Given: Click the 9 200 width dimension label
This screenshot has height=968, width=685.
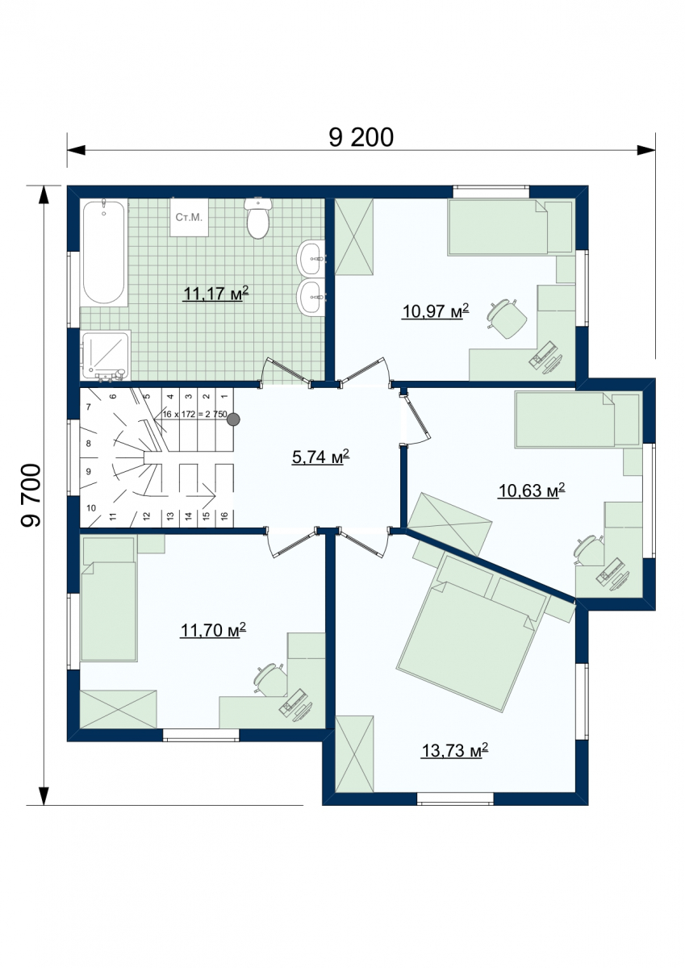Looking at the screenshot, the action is [361, 137].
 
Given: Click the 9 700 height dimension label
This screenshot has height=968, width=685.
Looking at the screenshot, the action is [31, 495].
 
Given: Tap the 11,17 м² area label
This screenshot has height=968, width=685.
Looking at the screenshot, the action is [215, 293].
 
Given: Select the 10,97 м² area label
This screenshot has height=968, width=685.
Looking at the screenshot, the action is [436, 311].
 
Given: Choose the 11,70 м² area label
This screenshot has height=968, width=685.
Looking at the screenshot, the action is [213, 630].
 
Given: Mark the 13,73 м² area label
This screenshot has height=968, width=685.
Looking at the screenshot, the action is [455, 751].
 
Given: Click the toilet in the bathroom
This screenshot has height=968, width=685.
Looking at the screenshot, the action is [257, 218].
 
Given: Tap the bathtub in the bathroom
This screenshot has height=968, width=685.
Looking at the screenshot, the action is [104, 252].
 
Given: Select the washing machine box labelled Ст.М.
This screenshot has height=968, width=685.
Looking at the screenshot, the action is [190, 217].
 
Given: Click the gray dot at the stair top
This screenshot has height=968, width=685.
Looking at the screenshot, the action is [233, 419].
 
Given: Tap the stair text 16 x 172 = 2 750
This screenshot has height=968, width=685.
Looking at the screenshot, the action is [195, 414].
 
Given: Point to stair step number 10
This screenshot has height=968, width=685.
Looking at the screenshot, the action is [90, 507].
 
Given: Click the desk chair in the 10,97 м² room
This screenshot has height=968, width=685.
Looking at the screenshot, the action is [507, 318].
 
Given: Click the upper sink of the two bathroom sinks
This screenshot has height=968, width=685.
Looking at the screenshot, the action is [311, 258].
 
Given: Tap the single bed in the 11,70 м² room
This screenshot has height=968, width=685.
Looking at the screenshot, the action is [108, 599].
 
